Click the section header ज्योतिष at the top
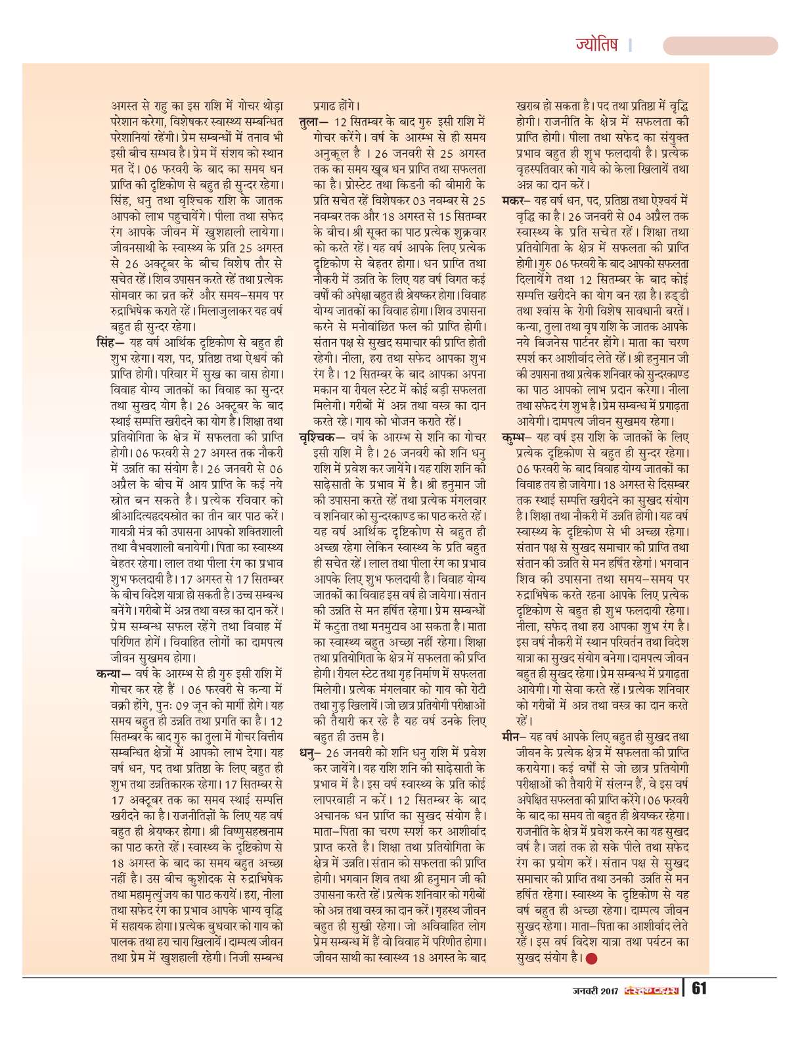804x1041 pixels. (596, 45)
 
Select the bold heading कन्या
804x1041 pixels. (108, 674)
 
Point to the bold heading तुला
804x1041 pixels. (310, 122)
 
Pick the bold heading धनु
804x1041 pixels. (309, 752)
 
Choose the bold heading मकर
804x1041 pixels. (512, 200)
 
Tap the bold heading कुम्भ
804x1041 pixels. (512, 437)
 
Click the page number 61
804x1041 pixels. (699, 988)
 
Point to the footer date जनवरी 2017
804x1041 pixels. (595, 991)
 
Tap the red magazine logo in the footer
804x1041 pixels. (650, 991)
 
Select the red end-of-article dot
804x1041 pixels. (591, 959)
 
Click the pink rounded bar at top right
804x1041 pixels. (720, 46)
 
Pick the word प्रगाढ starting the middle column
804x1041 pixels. (325, 106)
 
